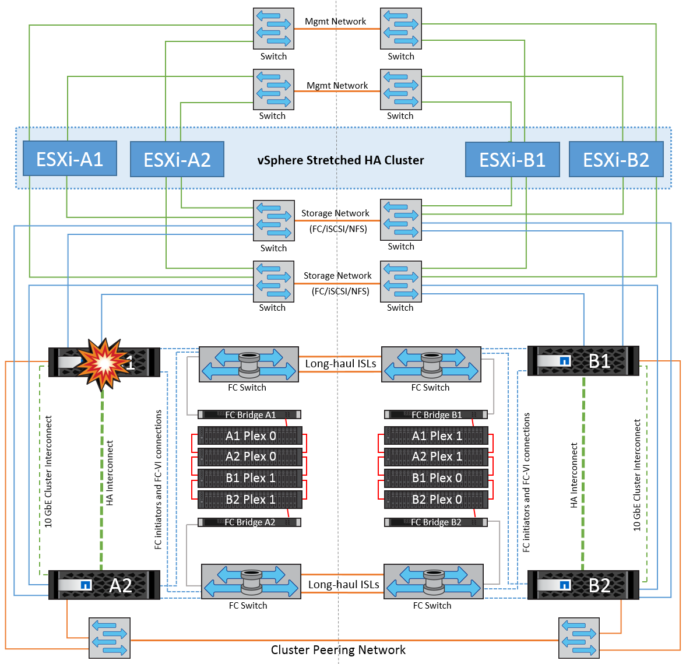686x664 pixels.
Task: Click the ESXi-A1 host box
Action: (x=70, y=159)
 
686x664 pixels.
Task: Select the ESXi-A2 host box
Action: (x=177, y=160)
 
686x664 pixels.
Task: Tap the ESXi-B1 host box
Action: (x=512, y=160)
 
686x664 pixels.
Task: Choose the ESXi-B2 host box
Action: (x=616, y=160)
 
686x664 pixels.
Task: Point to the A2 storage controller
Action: (x=104, y=585)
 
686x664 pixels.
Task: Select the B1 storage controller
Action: (x=583, y=361)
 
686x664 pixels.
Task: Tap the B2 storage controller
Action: (x=583, y=585)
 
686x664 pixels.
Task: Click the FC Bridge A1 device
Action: (x=249, y=415)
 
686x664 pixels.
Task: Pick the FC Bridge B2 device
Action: (x=435, y=522)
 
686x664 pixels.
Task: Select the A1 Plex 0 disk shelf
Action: (x=250, y=436)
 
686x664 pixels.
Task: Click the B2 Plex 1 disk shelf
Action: (x=250, y=500)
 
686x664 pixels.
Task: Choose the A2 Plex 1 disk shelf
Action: (x=436, y=456)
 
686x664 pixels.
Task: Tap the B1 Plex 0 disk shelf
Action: (x=436, y=478)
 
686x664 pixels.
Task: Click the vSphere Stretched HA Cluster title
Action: (x=340, y=160)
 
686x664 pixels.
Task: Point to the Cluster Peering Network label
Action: (x=338, y=650)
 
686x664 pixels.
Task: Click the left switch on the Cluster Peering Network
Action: (x=110, y=638)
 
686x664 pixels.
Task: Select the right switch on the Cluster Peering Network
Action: (x=579, y=638)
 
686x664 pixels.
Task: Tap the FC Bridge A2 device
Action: (x=249, y=522)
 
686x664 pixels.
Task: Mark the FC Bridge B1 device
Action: (x=435, y=415)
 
